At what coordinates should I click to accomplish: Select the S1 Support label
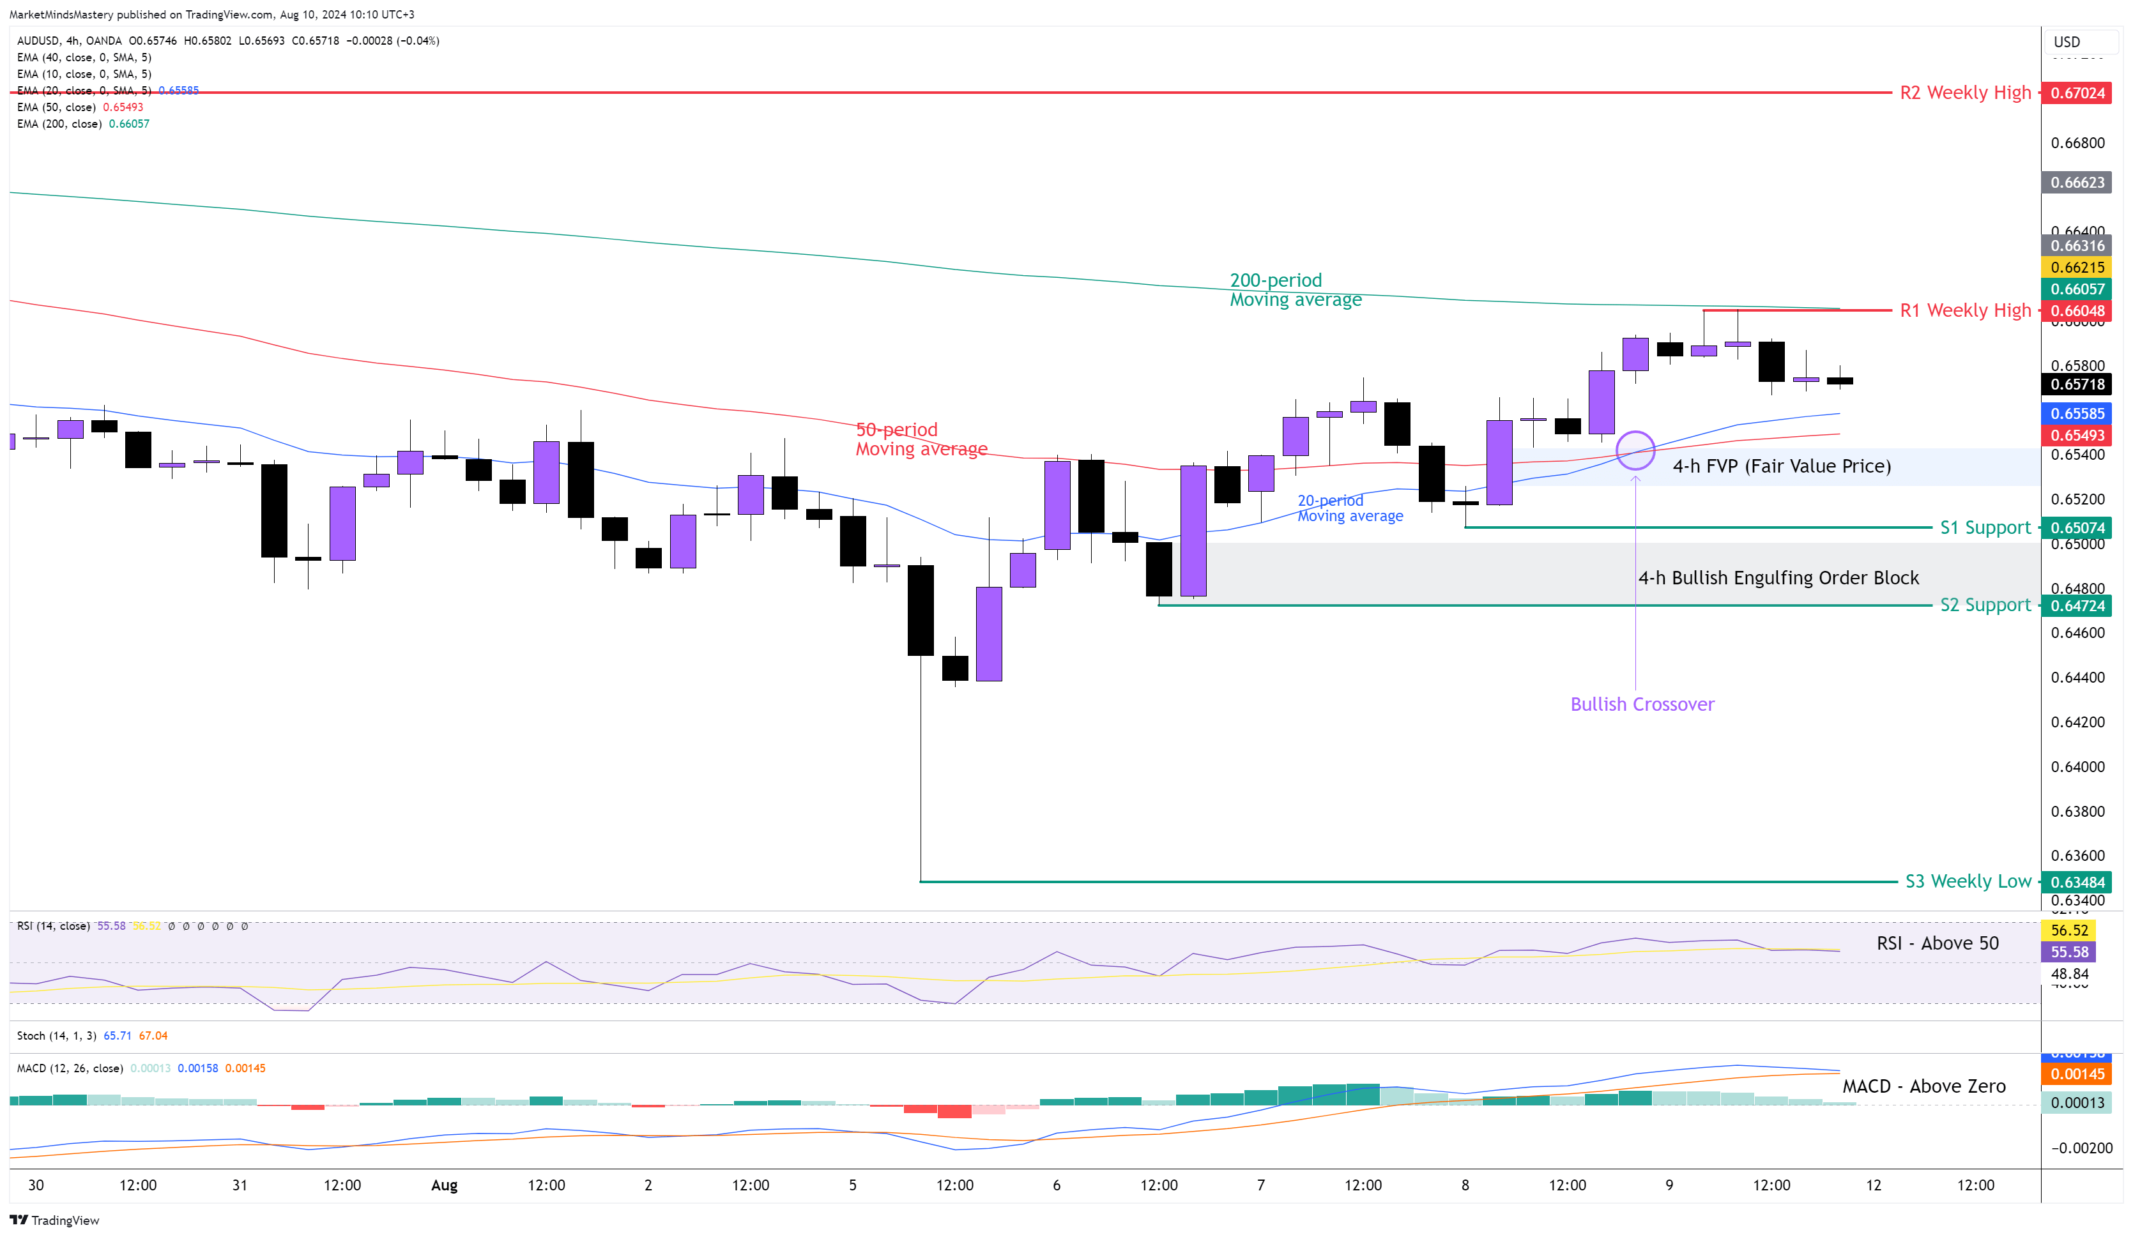point(1985,528)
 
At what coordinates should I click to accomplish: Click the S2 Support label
point(1985,605)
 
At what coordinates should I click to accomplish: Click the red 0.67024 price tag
point(2077,93)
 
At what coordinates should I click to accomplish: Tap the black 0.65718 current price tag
point(2077,384)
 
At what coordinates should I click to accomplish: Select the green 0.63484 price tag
point(2077,883)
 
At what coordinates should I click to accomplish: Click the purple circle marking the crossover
point(1635,450)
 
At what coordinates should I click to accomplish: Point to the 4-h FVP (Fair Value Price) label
point(1781,466)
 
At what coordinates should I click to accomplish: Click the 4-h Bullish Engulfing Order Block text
point(1778,578)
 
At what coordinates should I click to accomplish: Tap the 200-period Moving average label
point(1295,290)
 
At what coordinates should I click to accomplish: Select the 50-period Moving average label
point(921,439)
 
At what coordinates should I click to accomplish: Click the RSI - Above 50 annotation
point(1938,943)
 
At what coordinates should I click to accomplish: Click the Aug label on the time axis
point(445,1185)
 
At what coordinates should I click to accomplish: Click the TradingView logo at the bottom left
point(54,1220)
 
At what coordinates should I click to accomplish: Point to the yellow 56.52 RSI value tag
point(2068,930)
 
